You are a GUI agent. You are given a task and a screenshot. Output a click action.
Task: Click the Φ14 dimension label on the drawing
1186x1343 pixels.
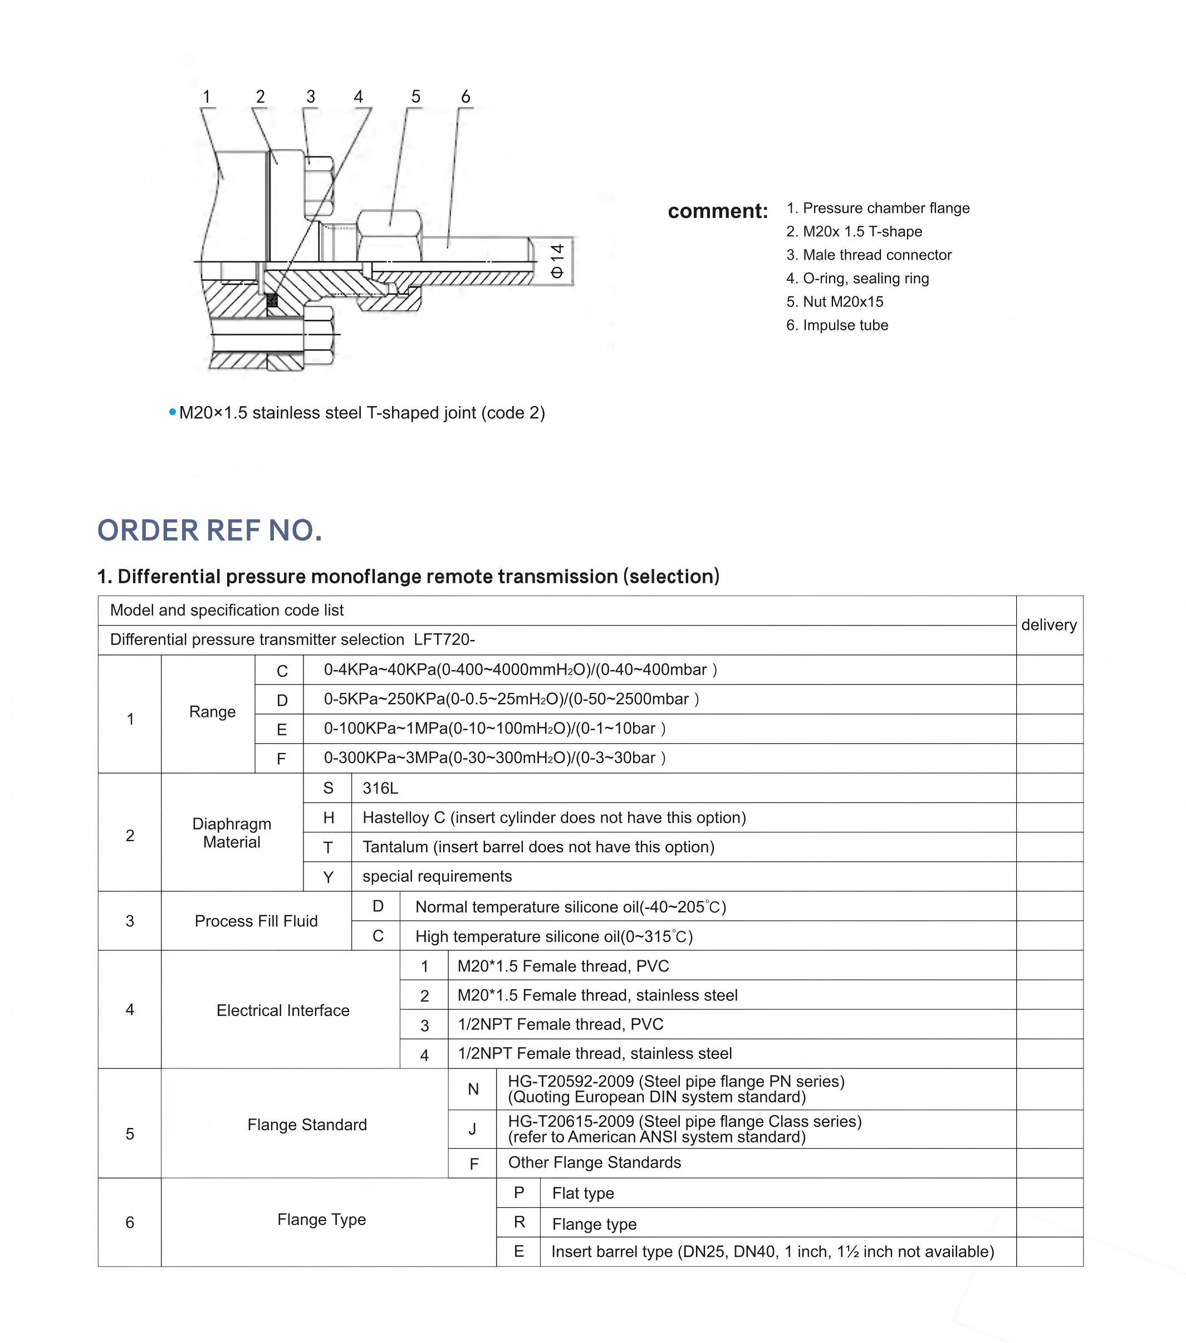(557, 261)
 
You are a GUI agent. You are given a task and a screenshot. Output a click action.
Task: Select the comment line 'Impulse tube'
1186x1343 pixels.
(837, 325)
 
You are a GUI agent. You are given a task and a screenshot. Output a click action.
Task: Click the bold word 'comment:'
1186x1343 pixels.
(717, 211)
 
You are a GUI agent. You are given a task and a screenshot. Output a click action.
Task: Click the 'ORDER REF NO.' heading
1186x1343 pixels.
(209, 530)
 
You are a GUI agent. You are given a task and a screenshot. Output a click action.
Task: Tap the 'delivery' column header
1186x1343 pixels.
(1049, 625)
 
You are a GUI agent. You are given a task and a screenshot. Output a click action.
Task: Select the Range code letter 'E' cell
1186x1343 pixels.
(282, 729)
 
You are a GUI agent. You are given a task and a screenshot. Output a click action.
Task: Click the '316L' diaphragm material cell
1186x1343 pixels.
(380, 788)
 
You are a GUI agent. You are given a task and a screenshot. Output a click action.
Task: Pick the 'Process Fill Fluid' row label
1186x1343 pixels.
(256, 921)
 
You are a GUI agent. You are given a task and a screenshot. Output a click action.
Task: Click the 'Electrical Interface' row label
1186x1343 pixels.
(283, 1010)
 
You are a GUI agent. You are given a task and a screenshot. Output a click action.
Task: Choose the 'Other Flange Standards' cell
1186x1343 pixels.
(594, 1163)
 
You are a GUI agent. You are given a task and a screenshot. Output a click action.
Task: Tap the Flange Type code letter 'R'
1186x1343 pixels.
(519, 1222)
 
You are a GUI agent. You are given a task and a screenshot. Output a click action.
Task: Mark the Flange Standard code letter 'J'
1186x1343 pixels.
(472, 1129)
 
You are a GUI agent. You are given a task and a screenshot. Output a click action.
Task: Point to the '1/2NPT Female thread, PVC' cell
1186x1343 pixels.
(560, 1024)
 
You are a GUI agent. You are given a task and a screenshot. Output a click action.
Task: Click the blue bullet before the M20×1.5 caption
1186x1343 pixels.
(173, 413)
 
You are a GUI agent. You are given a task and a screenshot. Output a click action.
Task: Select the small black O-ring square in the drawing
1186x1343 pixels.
(272, 301)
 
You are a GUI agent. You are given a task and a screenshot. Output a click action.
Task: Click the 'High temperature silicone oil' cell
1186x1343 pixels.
(553, 936)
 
